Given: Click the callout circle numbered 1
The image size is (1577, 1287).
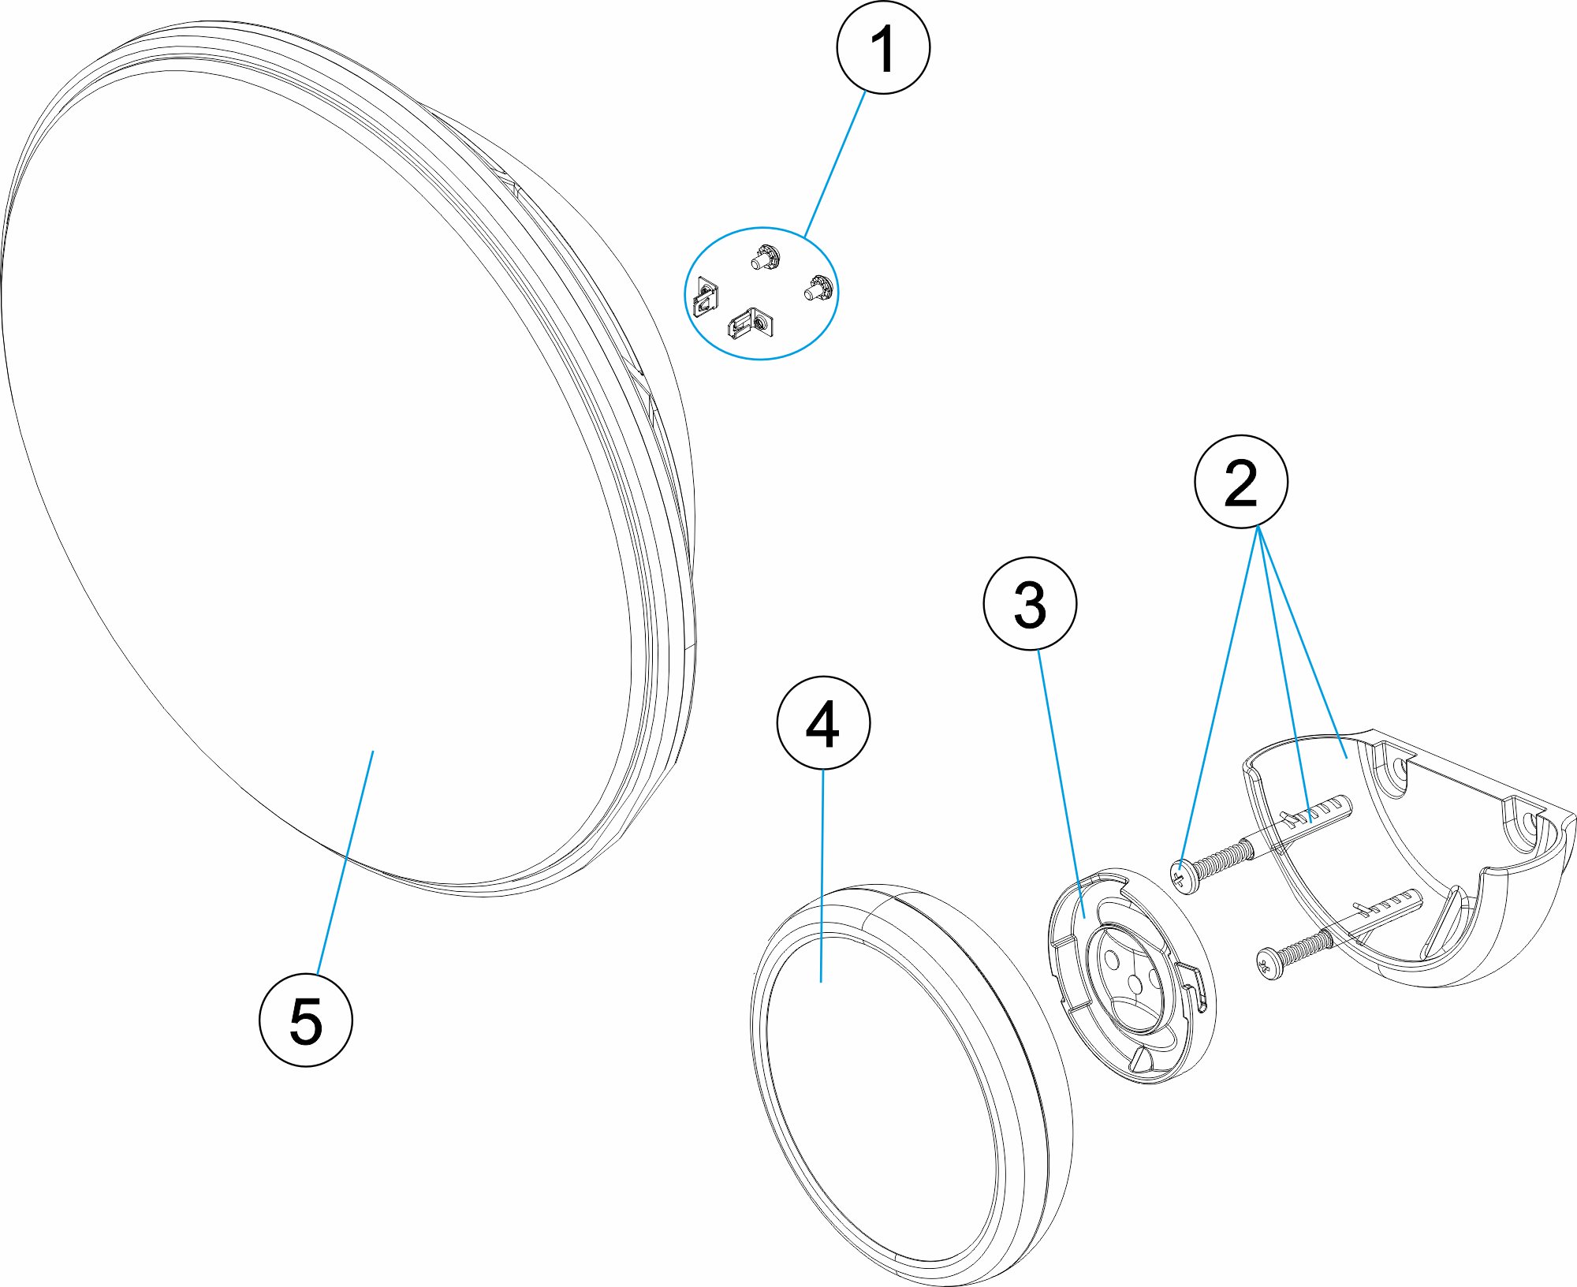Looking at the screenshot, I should click(x=882, y=47).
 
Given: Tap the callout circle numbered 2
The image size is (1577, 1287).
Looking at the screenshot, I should click(x=1241, y=481).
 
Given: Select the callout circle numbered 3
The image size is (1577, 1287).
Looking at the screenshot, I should click(x=1030, y=604).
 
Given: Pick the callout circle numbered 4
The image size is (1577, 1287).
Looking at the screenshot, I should click(x=823, y=722).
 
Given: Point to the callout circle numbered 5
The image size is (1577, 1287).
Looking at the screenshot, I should click(x=306, y=1020).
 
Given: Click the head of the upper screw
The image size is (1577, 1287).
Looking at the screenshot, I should click(x=1183, y=876).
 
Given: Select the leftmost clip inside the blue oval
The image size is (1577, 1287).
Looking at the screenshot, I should click(x=705, y=297).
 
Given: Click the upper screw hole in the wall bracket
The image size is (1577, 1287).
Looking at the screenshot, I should click(x=1399, y=769).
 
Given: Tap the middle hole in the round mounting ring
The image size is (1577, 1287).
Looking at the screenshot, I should click(x=1135, y=983).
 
